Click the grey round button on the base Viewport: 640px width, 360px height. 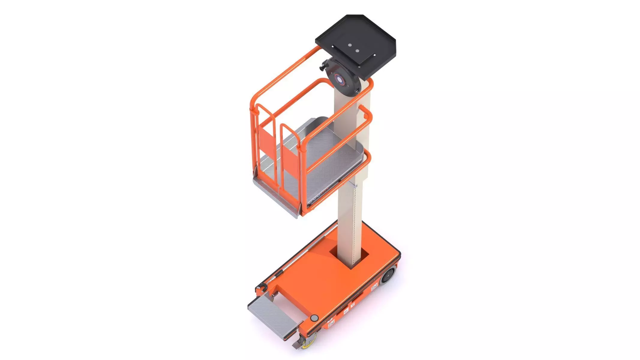click(314, 317)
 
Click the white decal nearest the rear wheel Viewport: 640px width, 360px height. click(374, 289)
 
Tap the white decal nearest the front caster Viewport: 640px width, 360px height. click(331, 323)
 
